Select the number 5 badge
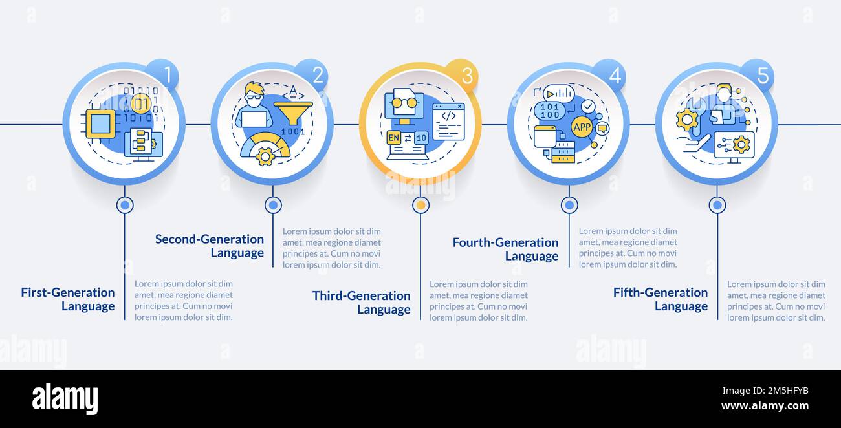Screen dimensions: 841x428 click(x=762, y=75)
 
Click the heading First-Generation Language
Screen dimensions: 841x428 click(x=67, y=299)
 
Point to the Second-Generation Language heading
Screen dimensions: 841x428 click(x=210, y=246)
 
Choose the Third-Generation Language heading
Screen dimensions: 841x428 click(x=361, y=303)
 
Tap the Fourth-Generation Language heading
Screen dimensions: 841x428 click(x=505, y=249)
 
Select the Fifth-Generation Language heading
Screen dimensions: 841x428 click(x=661, y=299)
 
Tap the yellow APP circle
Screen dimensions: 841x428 click(x=582, y=127)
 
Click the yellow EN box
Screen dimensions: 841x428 click(x=393, y=138)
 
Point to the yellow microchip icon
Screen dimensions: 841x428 click(x=100, y=123)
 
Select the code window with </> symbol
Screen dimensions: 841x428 click(x=448, y=122)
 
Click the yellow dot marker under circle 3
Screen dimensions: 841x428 click(x=421, y=205)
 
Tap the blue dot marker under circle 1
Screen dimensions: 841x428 click(x=125, y=205)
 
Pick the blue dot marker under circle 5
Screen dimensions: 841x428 click(x=717, y=205)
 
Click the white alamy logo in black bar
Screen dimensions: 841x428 click(x=65, y=398)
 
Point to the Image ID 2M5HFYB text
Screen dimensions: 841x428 click(x=765, y=391)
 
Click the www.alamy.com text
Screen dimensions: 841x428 click(x=765, y=405)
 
